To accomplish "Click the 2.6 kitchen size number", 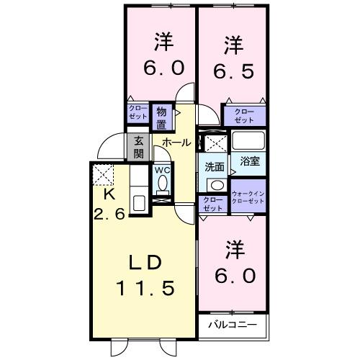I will pos(109,213).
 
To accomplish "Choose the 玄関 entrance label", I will pos(138,147).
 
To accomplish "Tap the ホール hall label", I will pos(176,143).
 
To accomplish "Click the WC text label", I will pos(161,171).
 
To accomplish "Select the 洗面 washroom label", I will pos(214,166).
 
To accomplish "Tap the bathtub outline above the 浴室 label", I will pos(249,142).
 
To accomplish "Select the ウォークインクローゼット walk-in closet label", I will pos(248,197).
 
